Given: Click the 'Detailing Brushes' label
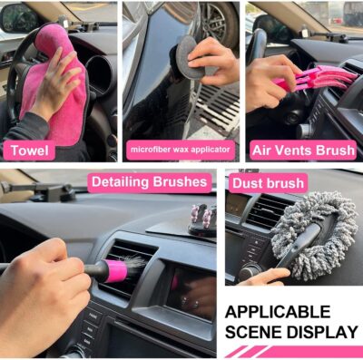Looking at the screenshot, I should pos(149,182).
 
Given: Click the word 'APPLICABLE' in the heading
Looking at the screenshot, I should pos(279,311).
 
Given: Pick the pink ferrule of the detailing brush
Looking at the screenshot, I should pos(116,270).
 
